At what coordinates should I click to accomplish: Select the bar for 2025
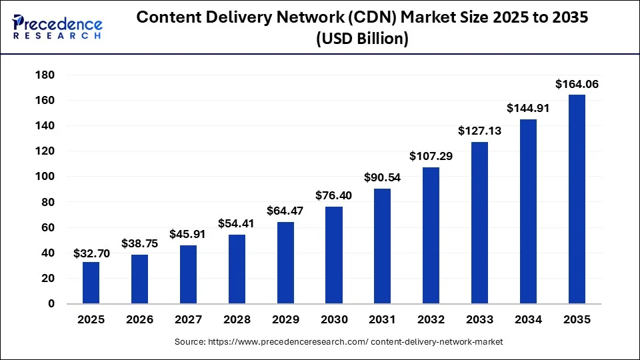(91, 283)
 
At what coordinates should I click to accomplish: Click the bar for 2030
(334, 255)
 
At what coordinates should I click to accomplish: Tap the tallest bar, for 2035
(577, 199)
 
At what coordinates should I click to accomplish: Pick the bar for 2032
(431, 235)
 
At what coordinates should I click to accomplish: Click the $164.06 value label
(577, 84)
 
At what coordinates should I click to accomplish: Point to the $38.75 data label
(139, 244)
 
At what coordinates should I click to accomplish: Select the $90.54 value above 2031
(383, 177)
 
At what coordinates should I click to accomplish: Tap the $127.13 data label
(479, 131)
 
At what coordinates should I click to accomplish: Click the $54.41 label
(236, 224)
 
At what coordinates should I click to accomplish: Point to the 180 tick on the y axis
(45, 75)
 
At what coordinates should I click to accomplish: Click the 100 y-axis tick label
(45, 176)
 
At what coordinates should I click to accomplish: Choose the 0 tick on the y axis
(51, 304)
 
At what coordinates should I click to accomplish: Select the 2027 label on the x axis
(188, 319)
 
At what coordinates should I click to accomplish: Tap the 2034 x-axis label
(528, 319)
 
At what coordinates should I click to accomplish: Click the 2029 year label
(285, 319)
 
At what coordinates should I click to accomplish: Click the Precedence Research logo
(57, 27)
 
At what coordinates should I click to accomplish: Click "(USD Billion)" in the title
(363, 39)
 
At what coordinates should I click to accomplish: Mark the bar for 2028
(237, 269)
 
